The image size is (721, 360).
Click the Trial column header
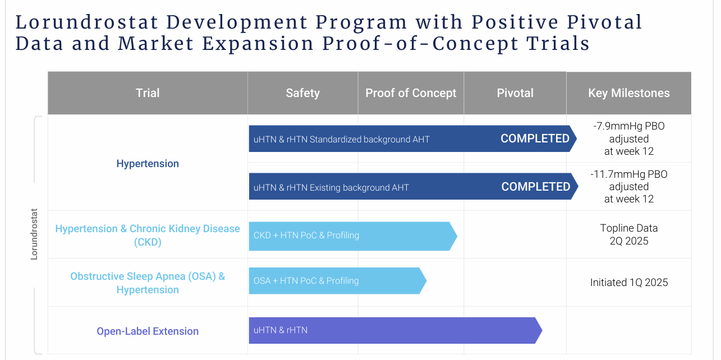[148, 93]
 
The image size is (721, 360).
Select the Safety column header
[302, 93]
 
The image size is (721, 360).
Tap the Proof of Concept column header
[411, 93]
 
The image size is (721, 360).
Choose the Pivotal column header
[515, 93]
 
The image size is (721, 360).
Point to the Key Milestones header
[628, 93]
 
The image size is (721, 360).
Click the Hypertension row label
[148, 164]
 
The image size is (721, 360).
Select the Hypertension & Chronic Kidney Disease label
[148, 235]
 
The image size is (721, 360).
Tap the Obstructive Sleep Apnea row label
[148, 283]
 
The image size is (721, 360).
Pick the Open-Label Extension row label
[148, 331]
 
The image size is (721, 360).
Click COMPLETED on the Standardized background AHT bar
[535, 139]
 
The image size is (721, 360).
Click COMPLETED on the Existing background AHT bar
[535, 187]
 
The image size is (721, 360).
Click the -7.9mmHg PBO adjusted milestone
[628, 139]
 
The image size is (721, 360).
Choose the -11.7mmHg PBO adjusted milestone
[628, 187]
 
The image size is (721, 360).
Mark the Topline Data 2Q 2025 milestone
[628, 234]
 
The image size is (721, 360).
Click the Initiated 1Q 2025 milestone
[628, 283]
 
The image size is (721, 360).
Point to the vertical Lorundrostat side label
[34, 234]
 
